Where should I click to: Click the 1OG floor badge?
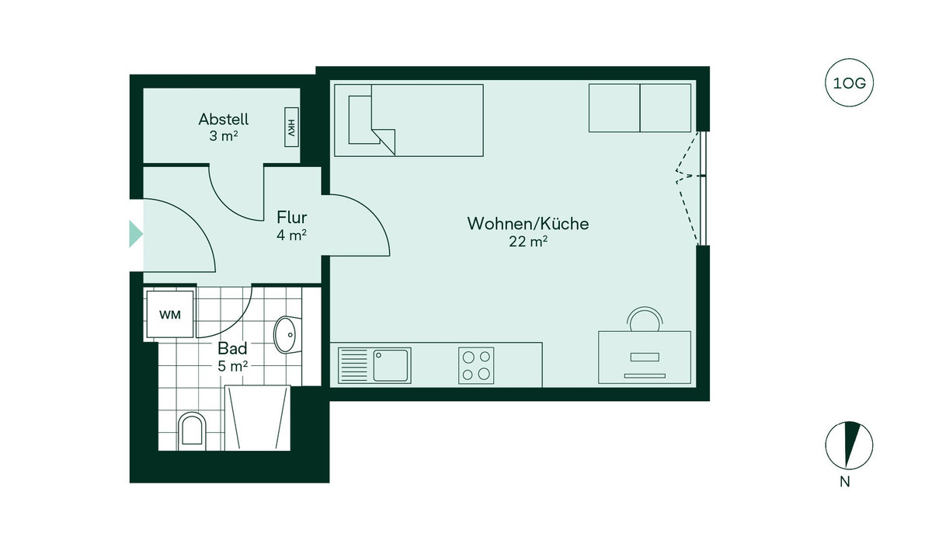pyautogui.click(x=848, y=82)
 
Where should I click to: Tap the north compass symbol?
pyautogui.click(x=844, y=445)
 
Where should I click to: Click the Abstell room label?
pyautogui.click(x=224, y=120)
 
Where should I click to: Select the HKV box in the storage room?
pyautogui.click(x=291, y=126)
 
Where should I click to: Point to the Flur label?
pyautogui.click(x=292, y=218)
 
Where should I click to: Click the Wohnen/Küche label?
pyautogui.click(x=527, y=224)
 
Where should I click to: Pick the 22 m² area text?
pyautogui.click(x=528, y=242)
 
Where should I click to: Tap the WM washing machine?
pyautogui.click(x=170, y=315)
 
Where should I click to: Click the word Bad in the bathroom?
pyautogui.click(x=232, y=348)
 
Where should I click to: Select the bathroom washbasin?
pyautogui.click(x=286, y=334)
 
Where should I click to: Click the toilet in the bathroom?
pyautogui.click(x=191, y=430)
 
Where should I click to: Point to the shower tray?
pyautogui.click(x=257, y=418)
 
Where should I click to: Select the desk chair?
pyautogui.click(x=645, y=319)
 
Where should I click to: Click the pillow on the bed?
pyautogui.click(x=361, y=120)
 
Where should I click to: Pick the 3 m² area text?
pyautogui.click(x=224, y=137)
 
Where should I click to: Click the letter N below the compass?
pyautogui.click(x=844, y=482)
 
